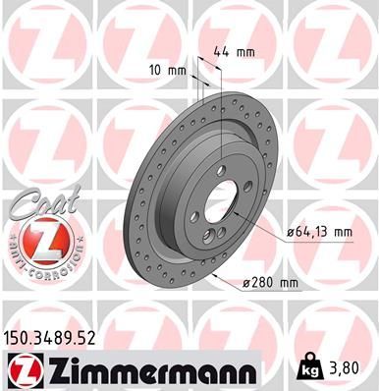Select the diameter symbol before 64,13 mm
tap(292, 231)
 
